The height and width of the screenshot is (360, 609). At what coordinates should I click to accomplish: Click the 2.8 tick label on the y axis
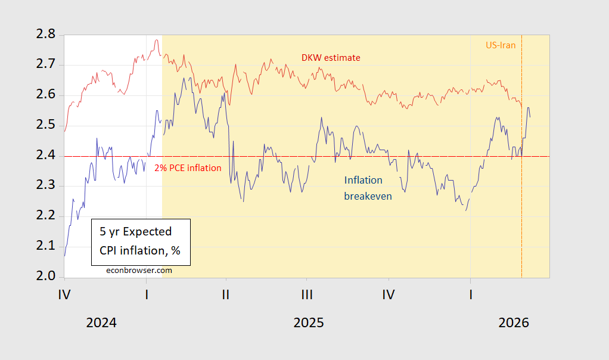(x=44, y=35)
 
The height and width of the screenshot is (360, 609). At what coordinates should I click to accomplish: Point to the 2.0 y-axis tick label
(x=44, y=277)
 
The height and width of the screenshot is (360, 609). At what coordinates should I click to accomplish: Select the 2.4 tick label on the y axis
(x=44, y=156)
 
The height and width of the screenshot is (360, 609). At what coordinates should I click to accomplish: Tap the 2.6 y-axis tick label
(x=44, y=95)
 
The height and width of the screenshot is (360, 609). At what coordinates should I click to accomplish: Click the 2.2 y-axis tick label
(x=44, y=216)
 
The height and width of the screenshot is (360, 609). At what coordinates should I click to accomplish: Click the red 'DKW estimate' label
(x=331, y=57)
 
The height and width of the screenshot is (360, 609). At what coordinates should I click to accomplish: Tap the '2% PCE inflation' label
(x=188, y=168)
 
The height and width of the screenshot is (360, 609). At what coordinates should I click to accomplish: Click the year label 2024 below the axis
(x=101, y=323)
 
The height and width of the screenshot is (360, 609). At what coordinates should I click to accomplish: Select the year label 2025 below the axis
(x=309, y=323)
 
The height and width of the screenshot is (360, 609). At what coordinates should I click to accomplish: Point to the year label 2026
(x=514, y=323)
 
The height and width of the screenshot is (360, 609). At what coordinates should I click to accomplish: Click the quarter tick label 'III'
(x=307, y=294)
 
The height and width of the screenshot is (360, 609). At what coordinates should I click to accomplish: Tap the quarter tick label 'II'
(x=225, y=294)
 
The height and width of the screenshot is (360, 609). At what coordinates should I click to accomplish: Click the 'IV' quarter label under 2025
(x=389, y=294)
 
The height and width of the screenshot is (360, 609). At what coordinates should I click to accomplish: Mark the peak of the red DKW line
(x=156, y=40)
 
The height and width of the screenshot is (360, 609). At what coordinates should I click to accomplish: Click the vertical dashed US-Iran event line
(x=522, y=179)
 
